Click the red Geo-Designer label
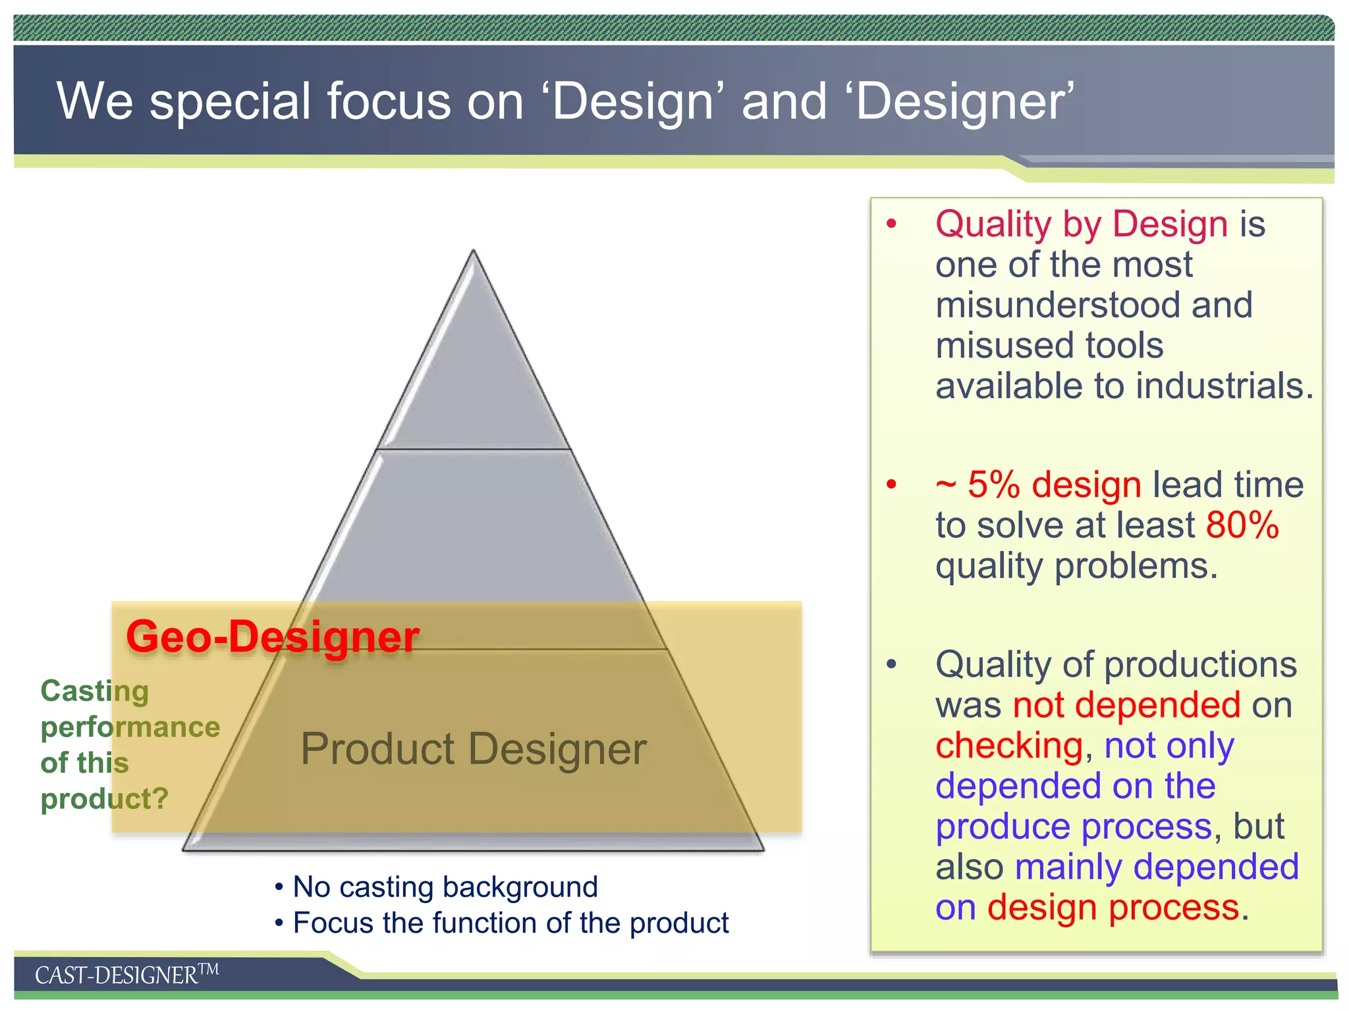[x=272, y=636]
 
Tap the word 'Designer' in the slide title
[x=963, y=102]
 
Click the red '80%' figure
[x=1242, y=525]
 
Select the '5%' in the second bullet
[x=993, y=485]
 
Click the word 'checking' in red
[x=1009, y=746]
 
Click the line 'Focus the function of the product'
[x=510, y=923]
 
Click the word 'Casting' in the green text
[x=95, y=691]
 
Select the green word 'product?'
[x=105, y=798]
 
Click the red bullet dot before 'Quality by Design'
[x=891, y=224]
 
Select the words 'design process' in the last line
[x=1113, y=907]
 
